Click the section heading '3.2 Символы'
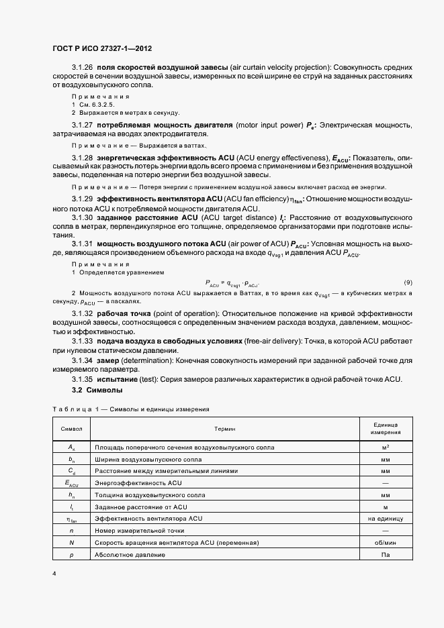coord(97,390)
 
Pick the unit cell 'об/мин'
coord(385,542)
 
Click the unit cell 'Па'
coord(385,555)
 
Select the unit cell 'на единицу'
coord(385,518)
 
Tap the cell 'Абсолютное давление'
coord(130,555)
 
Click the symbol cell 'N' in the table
coord(71,542)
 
